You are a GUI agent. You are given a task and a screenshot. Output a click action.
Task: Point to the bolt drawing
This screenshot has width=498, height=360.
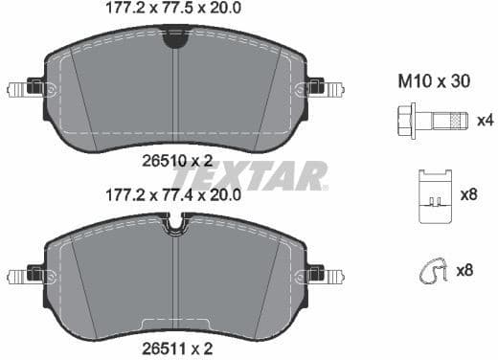[430, 123]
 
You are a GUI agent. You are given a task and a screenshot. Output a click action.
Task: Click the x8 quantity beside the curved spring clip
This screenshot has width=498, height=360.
[465, 271]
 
